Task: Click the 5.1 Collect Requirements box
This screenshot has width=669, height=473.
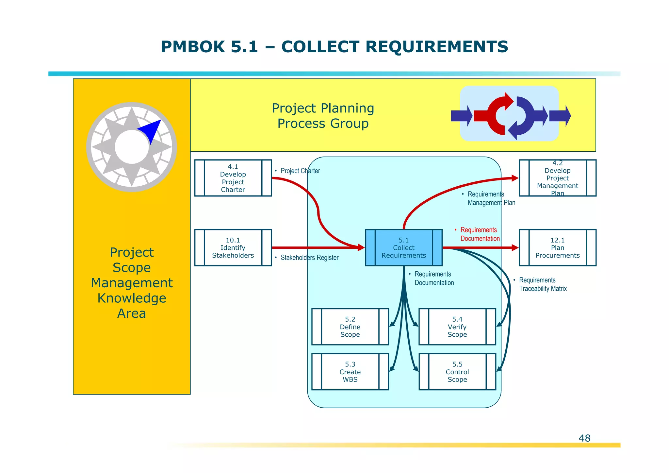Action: [x=404, y=248]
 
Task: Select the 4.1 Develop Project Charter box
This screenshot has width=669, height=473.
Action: [x=233, y=178]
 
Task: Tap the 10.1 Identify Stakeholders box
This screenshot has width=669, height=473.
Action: [x=233, y=248]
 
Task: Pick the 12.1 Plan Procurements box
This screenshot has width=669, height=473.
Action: [x=557, y=248]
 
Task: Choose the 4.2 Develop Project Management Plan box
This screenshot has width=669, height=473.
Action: [x=557, y=178]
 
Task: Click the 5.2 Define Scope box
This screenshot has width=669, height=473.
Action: [x=350, y=327]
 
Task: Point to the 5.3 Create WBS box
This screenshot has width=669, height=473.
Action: [x=350, y=372]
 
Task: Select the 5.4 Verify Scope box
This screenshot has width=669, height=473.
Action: [x=457, y=327]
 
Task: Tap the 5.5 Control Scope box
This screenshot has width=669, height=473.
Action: [x=457, y=372]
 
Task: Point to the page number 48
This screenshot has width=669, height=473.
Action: [x=584, y=438]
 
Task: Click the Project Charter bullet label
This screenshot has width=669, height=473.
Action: [x=300, y=171]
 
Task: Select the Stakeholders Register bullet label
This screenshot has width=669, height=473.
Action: [x=309, y=258]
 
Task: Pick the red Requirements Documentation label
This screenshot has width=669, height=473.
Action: [x=480, y=234]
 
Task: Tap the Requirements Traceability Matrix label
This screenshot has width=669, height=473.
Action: [x=542, y=284]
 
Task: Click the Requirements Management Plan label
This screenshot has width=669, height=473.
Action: [x=491, y=198]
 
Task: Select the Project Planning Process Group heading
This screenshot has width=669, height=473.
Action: [x=323, y=116]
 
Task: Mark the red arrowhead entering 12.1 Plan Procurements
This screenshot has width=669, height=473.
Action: [x=515, y=248]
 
